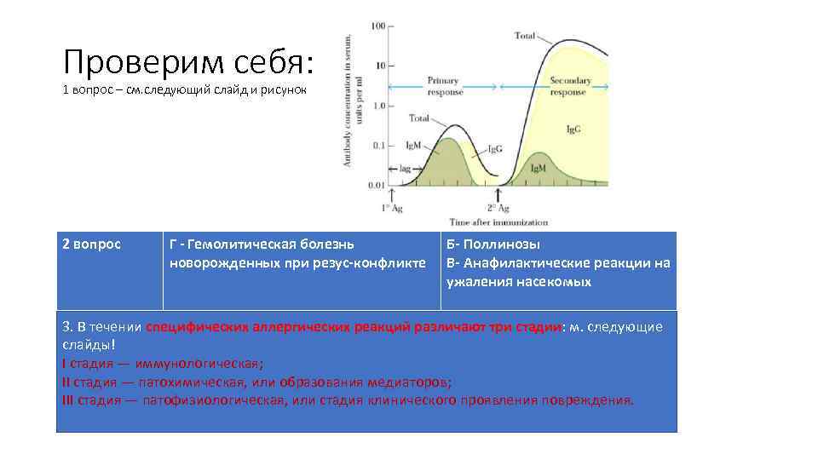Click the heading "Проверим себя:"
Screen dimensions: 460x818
coord(188,60)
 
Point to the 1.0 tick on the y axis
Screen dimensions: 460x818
coord(376,106)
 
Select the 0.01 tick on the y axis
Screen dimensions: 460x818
coord(375,184)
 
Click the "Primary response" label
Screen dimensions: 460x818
coord(443,86)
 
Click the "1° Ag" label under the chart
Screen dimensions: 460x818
coord(392,208)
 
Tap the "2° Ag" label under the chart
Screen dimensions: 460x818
coord(498,208)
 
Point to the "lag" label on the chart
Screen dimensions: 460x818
coord(405,169)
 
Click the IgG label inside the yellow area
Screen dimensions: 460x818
coord(573,129)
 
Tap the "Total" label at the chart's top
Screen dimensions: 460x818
coord(526,36)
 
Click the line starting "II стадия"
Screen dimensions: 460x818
coord(256,382)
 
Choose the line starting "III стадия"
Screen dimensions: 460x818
coord(348,400)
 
